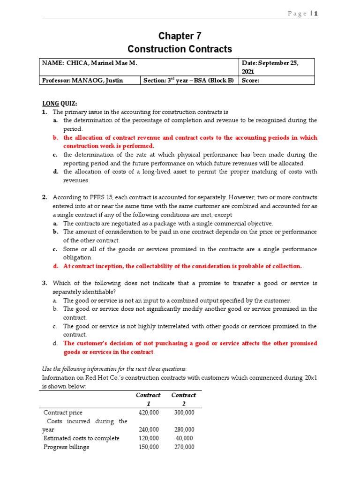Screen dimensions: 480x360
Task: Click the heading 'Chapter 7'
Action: click(180, 36)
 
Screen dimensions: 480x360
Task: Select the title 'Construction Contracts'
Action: click(180, 49)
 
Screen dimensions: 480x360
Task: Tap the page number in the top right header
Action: click(316, 14)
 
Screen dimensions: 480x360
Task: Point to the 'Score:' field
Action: click(251, 80)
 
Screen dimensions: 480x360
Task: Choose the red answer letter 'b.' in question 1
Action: click(55, 138)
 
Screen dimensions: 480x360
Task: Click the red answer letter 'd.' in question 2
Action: click(55, 266)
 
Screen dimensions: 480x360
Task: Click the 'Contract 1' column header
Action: click(149, 399)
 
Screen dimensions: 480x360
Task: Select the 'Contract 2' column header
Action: click(184, 399)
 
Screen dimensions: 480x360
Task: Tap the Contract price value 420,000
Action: click(149, 412)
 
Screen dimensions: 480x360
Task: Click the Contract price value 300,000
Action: click(184, 412)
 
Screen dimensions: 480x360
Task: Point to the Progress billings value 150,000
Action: click(149, 447)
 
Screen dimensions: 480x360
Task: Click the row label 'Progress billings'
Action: click(66, 447)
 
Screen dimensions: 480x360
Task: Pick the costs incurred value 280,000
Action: click(184, 429)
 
